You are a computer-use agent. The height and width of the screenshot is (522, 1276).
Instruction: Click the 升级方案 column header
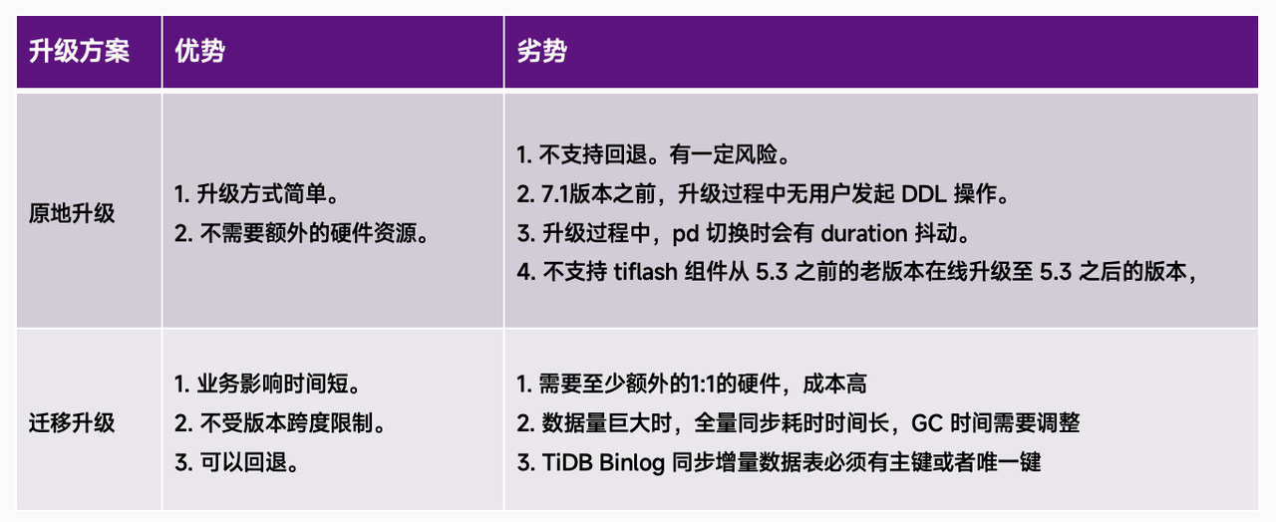79,52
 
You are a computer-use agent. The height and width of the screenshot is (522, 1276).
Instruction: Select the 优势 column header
199,52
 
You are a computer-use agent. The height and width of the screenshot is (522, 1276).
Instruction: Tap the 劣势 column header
541,52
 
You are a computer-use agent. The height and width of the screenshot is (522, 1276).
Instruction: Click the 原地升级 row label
72,214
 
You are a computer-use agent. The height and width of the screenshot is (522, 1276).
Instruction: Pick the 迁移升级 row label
72,423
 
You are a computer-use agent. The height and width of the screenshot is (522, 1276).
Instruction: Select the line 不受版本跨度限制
280,423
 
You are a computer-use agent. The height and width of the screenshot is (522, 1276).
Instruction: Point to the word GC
926,423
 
